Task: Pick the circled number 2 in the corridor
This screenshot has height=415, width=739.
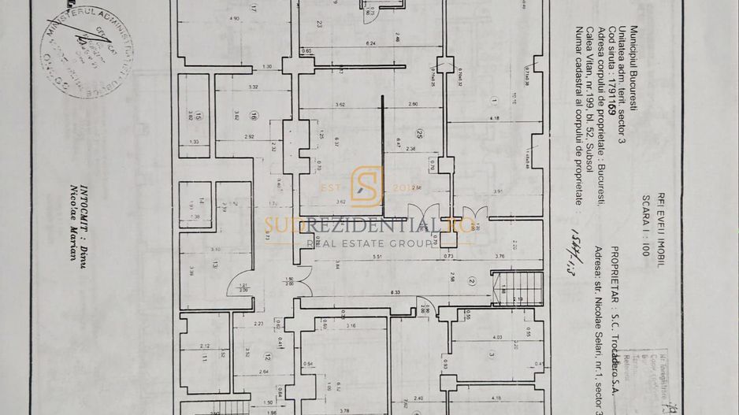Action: pyautogui.click(x=472, y=280)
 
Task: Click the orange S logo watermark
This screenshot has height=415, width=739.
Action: pyautogui.click(x=367, y=186)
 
